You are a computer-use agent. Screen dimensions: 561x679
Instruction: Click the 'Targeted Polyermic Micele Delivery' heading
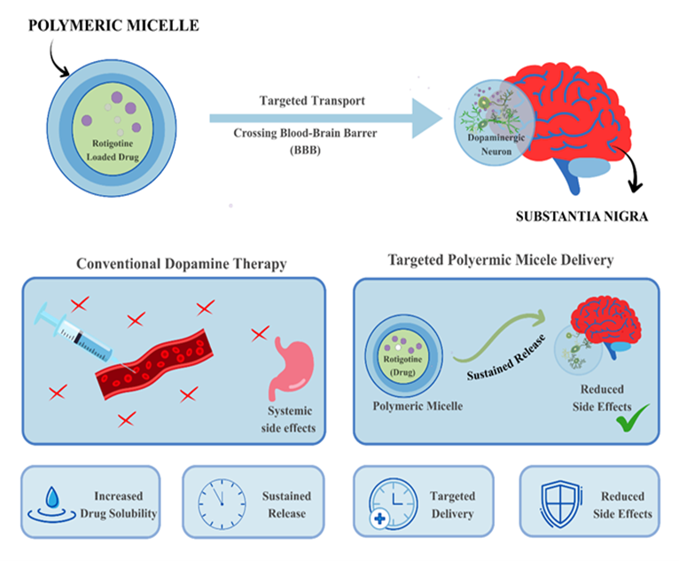pos(501,261)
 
